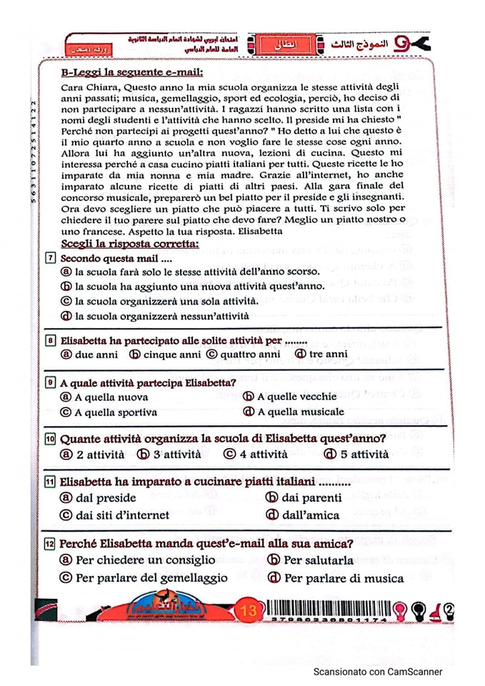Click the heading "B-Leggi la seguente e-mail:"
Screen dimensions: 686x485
point(131,72)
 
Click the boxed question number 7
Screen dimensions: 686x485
point(53,258)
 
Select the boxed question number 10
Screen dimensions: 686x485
point(51,438)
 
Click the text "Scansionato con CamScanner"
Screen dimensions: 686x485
point(378,672)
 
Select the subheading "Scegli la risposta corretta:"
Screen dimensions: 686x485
point(129,244)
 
